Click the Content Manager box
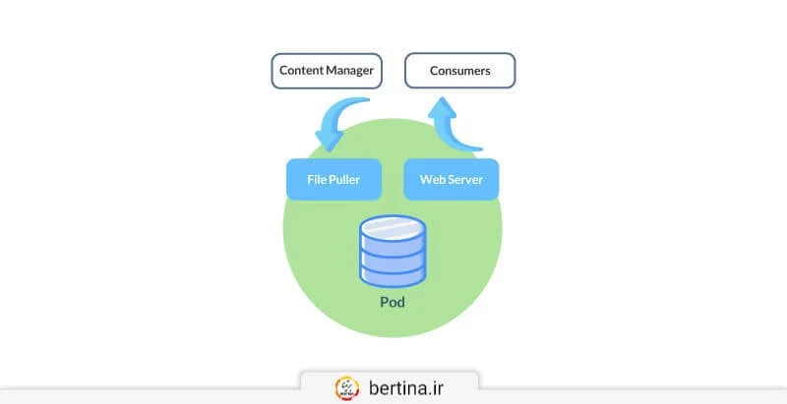coord(327,72)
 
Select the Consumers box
coord(459,72)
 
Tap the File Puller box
coord(333,180)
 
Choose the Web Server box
coord(451,180)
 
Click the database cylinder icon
coord(393,251)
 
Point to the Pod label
coord(393,302)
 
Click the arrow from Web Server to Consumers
coord(450,123)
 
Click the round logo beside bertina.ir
coord(347,386)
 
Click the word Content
coord(301,72)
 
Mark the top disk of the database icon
coord(393,229)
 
